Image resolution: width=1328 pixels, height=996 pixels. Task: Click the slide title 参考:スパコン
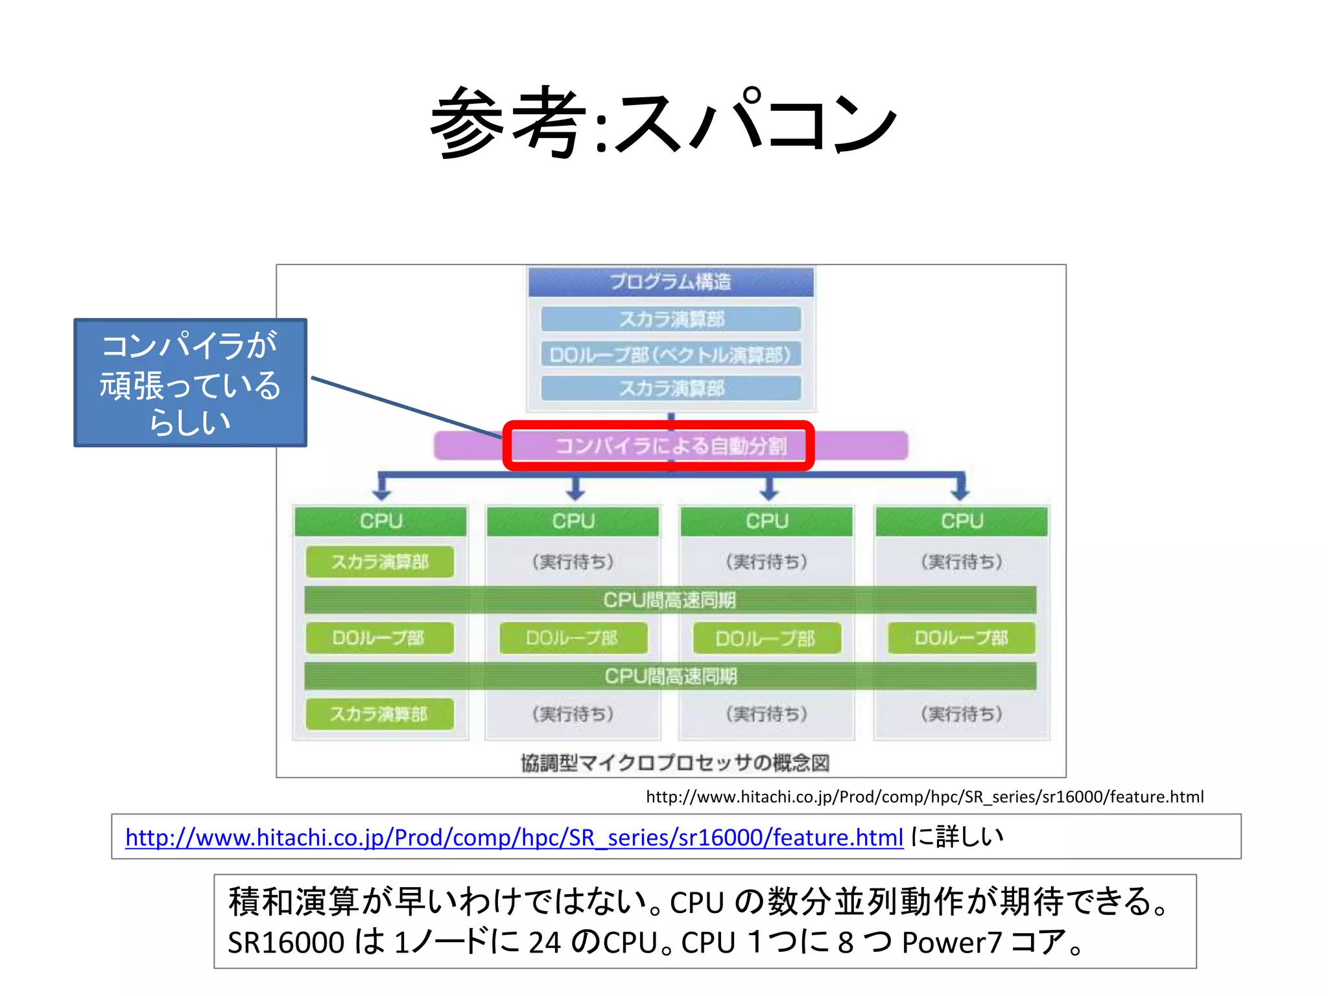click(664, 123)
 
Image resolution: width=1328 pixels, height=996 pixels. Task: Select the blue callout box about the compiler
click(190, 383)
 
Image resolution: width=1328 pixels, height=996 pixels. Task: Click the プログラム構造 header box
click(670, 282)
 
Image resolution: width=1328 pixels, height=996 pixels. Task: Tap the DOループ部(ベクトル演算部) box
click(670, 355)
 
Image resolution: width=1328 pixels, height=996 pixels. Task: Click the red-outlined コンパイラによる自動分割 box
click(658, 446)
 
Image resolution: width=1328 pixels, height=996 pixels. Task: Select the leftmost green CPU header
click(381, 521)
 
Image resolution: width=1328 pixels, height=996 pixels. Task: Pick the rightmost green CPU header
click(962, 521)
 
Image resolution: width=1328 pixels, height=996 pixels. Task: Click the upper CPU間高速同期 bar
click(670, 600)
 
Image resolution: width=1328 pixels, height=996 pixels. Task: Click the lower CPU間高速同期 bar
click(670, 676)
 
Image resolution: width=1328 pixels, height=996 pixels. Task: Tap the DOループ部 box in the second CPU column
click(573, 638)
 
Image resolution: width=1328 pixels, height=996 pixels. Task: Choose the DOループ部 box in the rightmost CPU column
click(962, 638)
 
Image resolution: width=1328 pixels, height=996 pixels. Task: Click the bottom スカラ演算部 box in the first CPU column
click(380, 714)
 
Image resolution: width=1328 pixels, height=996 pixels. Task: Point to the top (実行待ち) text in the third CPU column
click(766, 562)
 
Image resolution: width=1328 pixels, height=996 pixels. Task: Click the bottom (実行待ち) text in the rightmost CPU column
click(962, 714)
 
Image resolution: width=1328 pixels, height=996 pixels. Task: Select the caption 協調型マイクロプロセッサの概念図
click(675, 763)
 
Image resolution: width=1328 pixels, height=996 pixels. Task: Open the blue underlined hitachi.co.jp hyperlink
click(514, 837)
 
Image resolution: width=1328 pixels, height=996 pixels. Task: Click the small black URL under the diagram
click(924, 797)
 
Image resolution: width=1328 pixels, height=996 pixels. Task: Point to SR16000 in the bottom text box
click(286, 943)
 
